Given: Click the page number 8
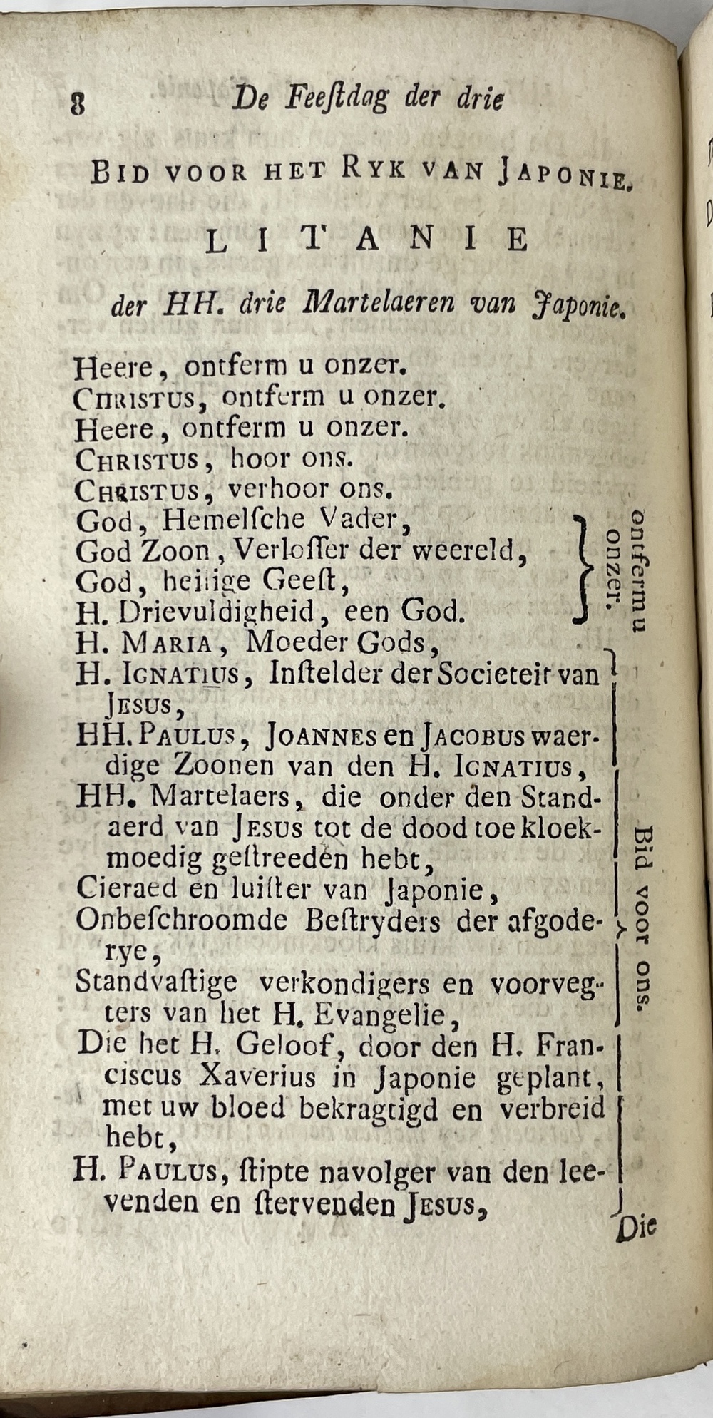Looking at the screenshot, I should point(78,104).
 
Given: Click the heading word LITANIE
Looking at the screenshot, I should point(367,241).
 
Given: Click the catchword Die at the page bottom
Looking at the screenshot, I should point(636,1228).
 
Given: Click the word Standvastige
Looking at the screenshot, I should point(156,982).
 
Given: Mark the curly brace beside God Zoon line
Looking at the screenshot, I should point(583,567).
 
